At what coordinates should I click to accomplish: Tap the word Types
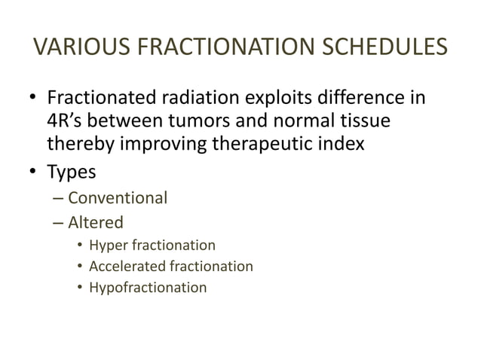point(72,172)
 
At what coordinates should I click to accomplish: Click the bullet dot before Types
point(34,172)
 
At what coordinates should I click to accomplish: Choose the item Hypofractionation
point(147,287)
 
